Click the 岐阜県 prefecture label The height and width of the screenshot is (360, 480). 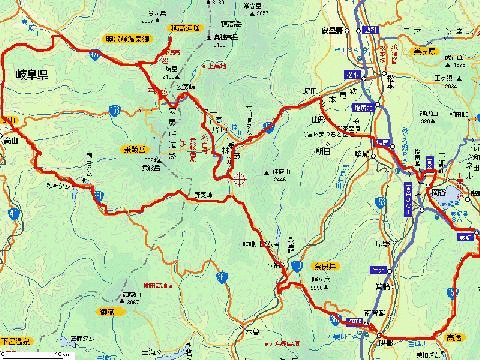pos(33,74)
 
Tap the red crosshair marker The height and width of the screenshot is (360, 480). pos(238,180)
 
